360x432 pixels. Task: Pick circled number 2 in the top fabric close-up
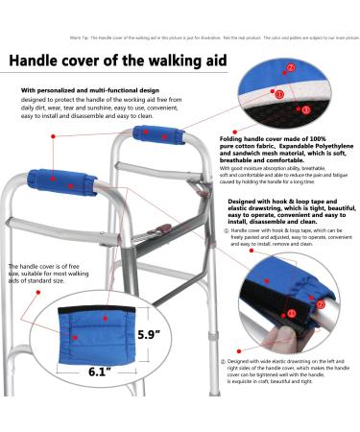291,42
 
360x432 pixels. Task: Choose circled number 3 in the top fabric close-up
305,110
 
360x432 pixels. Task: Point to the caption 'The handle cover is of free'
45,266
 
